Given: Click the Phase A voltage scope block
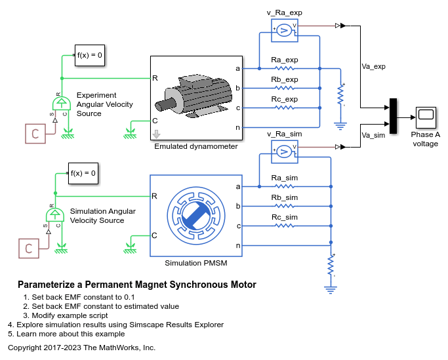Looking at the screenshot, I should [x=426, y=117].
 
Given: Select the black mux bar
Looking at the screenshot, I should [x=393, y=116].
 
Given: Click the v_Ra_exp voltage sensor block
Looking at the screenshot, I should [x=284, y=30].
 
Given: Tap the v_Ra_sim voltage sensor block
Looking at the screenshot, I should [x=284, y=152].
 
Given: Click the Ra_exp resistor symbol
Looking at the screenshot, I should [x=284, y=68].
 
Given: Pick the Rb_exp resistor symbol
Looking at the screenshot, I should [x=284, y=87].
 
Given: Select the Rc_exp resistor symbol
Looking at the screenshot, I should [x=284, y=107].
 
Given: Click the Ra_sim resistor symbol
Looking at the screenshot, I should [x=284, y=186].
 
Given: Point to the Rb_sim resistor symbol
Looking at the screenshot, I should [x=284, y=206].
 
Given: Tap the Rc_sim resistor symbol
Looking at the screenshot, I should [x=284, y=226].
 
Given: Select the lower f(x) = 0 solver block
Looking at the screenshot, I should [x=83, y=173].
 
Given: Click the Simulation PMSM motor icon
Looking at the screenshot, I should [x=197, y=215].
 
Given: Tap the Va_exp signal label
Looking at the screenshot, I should [x=374, y=66].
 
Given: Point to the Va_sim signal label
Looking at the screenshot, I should [x=373, y=135].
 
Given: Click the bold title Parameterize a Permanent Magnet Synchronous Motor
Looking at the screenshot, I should [x=136, y=285].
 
